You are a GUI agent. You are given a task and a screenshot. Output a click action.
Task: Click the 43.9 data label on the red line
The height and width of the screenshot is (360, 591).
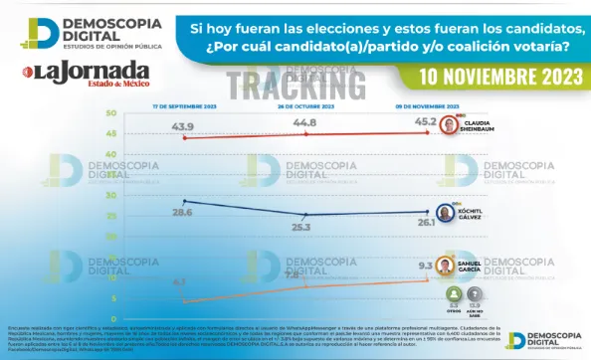tap(182, 126)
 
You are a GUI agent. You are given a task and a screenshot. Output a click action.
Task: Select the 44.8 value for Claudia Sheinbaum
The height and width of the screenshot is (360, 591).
tap(304, 122)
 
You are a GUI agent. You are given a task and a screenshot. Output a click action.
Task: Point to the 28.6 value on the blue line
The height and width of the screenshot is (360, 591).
tap(182, 213)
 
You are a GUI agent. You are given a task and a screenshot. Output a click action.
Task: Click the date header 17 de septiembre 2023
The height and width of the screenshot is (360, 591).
tap(183, 105)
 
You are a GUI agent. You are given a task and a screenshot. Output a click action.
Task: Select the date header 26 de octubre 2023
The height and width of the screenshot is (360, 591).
tap(304, 105)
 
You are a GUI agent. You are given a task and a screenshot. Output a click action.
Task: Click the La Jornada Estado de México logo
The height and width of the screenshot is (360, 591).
tap(88, 74)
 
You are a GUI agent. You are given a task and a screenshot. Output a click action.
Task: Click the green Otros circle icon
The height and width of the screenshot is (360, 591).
tap(454, 295)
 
